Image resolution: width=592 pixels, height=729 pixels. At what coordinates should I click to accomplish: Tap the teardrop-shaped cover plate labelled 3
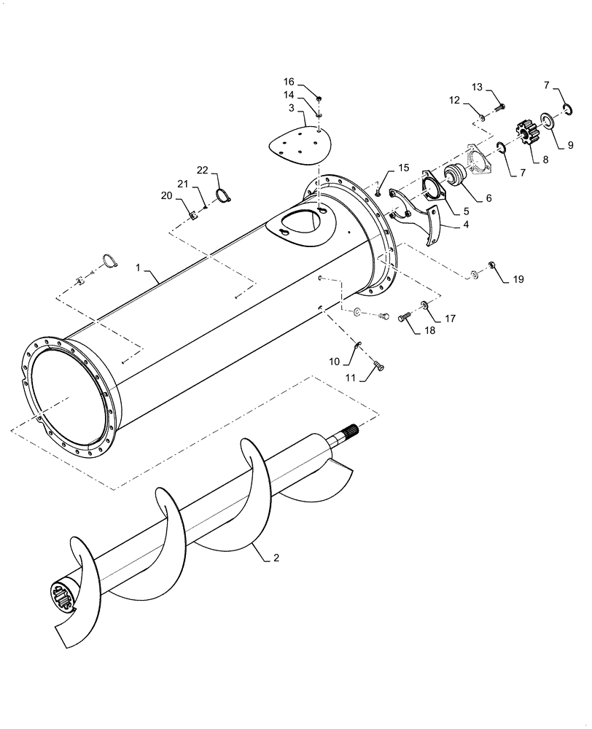299,142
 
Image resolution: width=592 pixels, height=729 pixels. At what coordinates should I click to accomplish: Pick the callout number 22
203,171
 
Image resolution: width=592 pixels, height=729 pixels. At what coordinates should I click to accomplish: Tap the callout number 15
403,168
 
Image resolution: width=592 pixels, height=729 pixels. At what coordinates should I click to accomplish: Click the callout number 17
450,318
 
